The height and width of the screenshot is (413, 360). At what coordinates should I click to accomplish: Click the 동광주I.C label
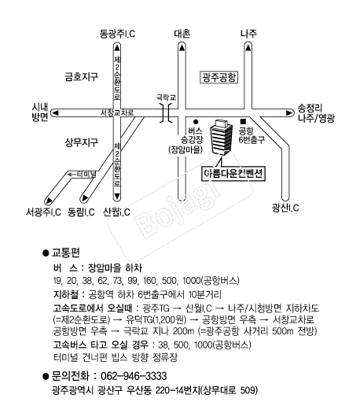tap(117, 34)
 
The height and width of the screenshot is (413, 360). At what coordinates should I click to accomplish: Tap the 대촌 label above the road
tap(182, 34)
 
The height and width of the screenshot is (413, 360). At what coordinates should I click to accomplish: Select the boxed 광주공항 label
tap(219, 77)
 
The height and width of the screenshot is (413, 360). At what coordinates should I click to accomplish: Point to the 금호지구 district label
tap(82, 76)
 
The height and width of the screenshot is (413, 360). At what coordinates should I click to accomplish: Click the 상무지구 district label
tap(82, 142)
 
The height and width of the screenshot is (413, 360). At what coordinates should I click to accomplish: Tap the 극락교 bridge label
tap(166, 98)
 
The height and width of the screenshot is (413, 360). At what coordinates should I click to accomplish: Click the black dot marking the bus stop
tap(196, 122)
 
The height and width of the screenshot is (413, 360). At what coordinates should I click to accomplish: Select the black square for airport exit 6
tap(243, 121)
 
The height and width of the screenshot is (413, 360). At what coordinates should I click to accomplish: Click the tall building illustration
tap(221, 138)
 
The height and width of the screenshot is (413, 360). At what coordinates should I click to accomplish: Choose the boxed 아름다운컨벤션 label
tap(233, 174)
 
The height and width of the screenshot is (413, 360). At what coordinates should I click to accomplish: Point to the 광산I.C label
tap(285, 208)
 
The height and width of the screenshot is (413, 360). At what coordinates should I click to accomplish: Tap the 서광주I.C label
tap(43, 212)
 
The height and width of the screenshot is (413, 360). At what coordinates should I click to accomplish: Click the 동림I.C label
tap(81, 212)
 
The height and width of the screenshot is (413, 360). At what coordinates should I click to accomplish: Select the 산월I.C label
tap(116, 212)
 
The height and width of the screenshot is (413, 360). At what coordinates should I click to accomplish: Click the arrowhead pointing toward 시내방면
tap(55, 113)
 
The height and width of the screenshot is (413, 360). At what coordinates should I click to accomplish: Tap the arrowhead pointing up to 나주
tap(248, 47)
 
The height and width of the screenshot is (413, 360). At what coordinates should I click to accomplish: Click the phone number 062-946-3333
tap(134, 376)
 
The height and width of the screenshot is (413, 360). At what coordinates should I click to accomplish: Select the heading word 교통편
tap(65, 253)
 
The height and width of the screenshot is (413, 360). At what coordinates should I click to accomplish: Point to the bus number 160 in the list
tap(149, 281)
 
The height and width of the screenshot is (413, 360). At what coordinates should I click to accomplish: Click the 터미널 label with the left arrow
tap(82, 175)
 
